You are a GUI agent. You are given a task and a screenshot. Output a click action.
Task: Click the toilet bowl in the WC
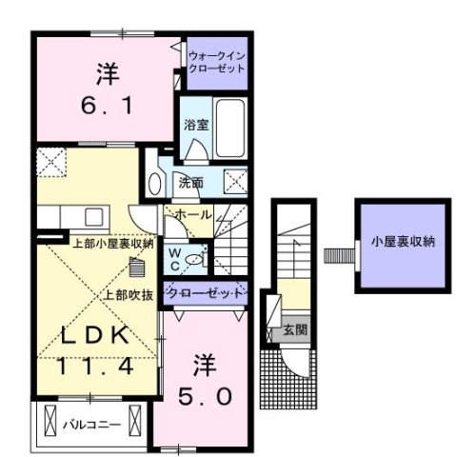coord(194,258)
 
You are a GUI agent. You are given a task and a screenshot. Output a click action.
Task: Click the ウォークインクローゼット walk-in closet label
coord(216,63)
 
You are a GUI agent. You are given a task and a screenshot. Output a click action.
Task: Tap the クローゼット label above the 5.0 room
coord(206,293)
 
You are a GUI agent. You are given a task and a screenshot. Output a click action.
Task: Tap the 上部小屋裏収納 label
coord(113,244)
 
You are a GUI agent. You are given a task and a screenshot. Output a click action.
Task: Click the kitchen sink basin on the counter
coord(92,215)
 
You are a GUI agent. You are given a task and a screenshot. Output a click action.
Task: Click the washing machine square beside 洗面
coord(234,180)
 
